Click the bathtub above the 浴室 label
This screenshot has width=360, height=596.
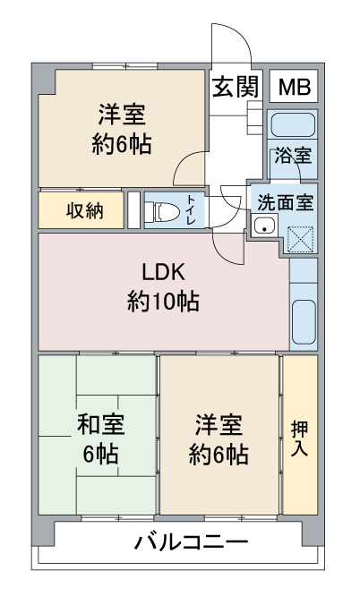point(293,124)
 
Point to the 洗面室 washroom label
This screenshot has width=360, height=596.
point(285,202)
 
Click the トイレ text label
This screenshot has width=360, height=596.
point(193,211)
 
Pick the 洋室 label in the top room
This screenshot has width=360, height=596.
point(121,115)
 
